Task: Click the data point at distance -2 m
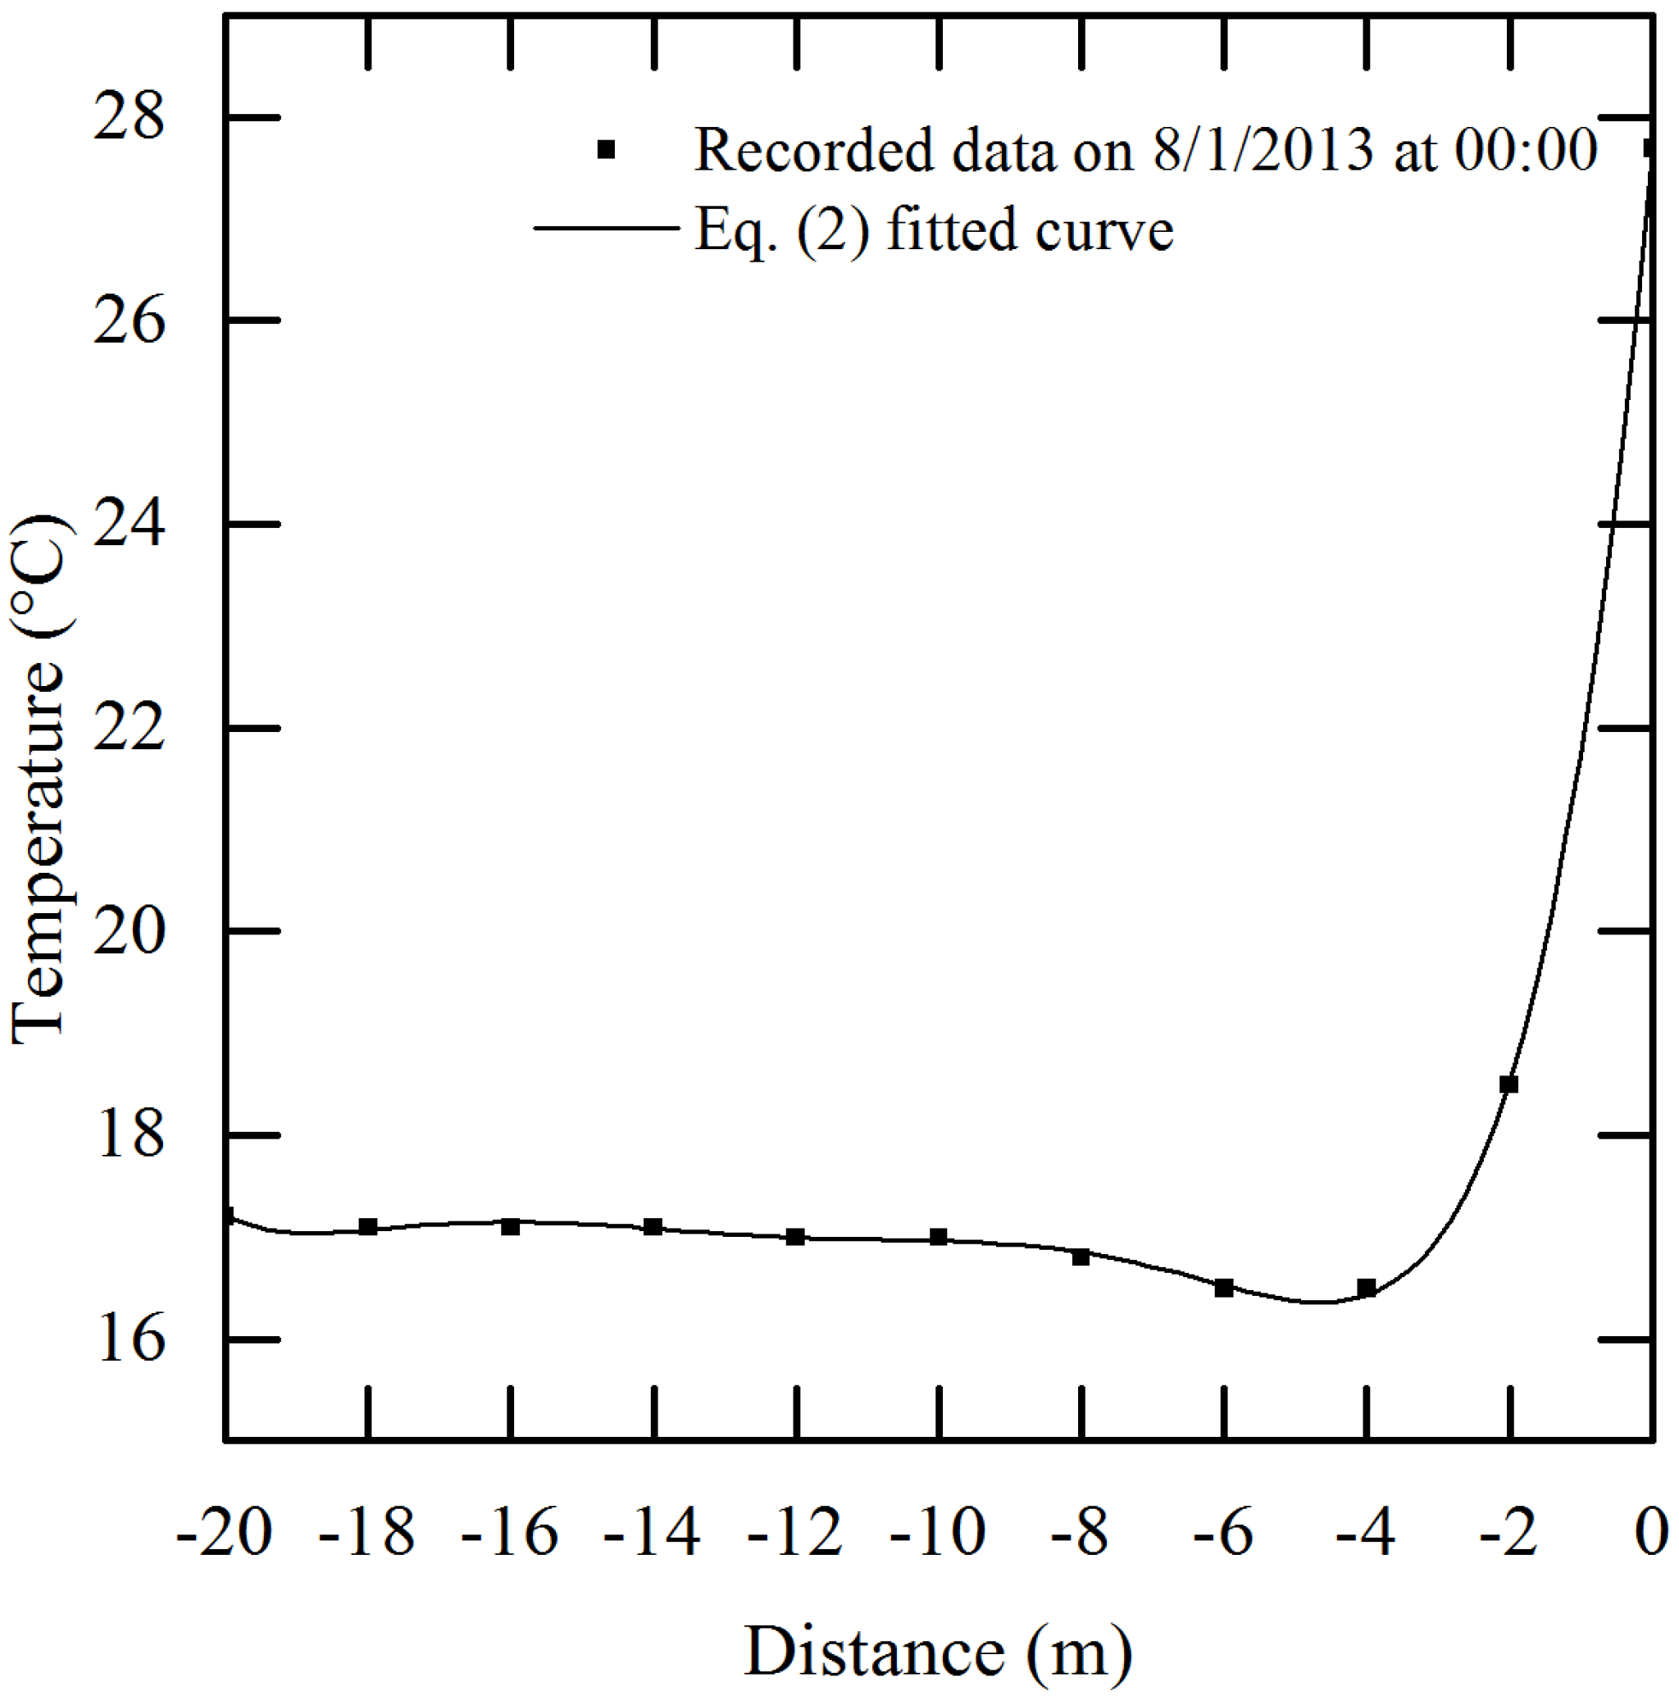point(1508,1084)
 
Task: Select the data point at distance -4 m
point(1366,1289)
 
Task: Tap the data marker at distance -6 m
point(1223,1289)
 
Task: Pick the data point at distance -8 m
point(1081,1257)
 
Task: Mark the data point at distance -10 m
point(938,1237)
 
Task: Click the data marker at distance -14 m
point(653,1226)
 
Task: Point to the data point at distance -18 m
point(368,1226)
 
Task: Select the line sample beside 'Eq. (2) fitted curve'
point(607,229)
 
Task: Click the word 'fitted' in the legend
point(950,230)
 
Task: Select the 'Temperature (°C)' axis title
point(39,780)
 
